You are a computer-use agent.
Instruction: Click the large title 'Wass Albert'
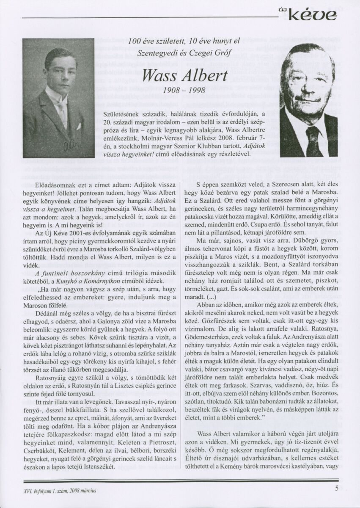[186, 75]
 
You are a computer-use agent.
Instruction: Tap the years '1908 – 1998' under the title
[186, 91]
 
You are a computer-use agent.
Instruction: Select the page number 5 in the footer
[336, 488]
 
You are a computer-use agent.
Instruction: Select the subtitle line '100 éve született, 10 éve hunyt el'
[185, 41]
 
